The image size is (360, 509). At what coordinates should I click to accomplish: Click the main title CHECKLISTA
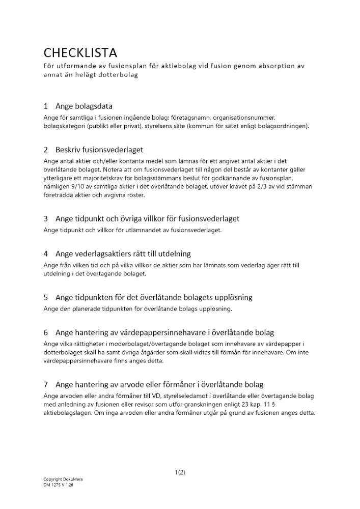pyautogui.click(x=80, y=52)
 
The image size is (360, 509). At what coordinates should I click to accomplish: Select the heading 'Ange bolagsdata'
pyautogui.click(x=84, y=106)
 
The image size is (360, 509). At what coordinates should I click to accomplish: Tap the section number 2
pyautogui.click(x=46, y=150)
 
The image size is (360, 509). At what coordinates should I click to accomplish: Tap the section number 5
pyautogui.click(x=46, y=297)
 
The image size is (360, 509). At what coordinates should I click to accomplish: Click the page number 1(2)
pyautogui.click(x=180, y=472)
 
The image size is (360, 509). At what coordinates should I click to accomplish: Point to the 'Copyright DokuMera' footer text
pyautogui.click(x=63, y=479)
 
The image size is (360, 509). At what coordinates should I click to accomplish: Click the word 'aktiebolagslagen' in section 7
pyautogui.click(x=68, y=413)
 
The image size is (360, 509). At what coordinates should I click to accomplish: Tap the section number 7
pyautogui.click(x=46, y=385)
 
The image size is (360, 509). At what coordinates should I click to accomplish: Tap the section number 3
pyautogui.click(x=46, y=218)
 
